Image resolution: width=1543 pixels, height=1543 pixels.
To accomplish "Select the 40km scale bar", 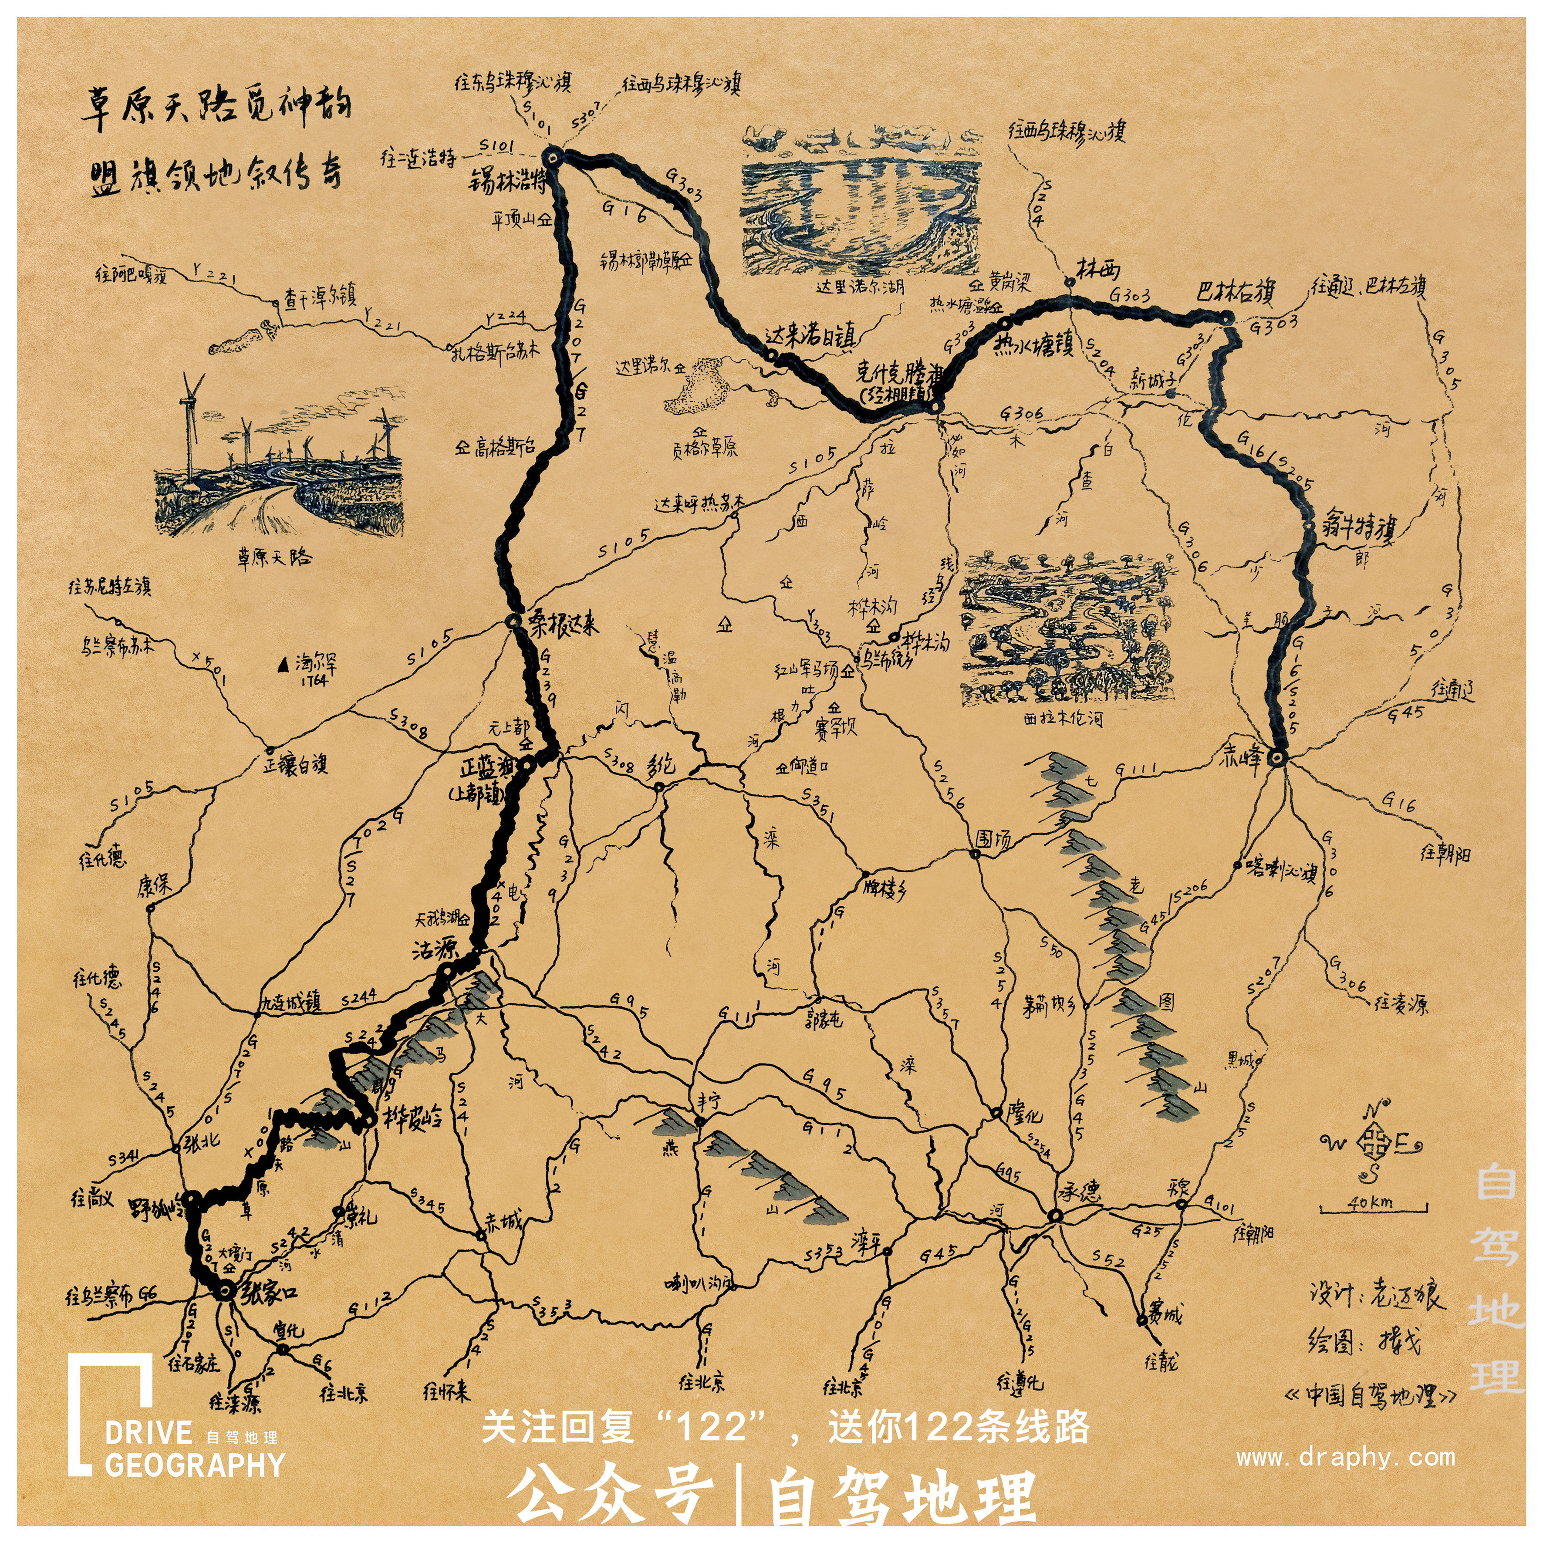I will coord(1372,1209).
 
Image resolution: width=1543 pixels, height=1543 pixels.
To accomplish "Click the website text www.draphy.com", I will coord(1345,1458).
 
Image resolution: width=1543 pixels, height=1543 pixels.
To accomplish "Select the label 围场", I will coord(993,839).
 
